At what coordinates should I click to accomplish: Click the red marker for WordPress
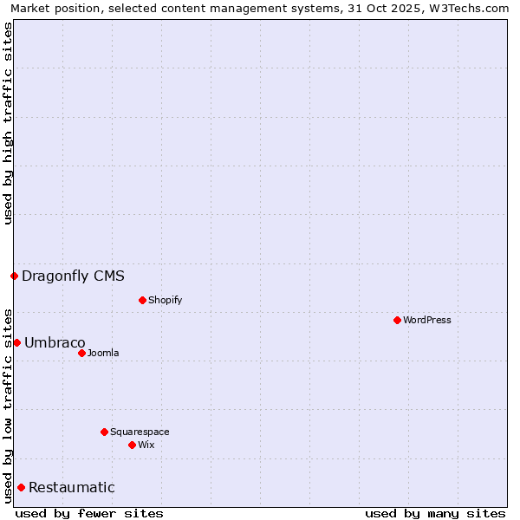click(397, 320)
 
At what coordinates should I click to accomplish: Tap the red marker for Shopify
click(142, 300)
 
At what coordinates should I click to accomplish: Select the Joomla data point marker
click(81, 353)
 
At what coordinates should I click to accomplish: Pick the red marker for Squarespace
click(104, 432)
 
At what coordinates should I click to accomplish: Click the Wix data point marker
click(132, 445)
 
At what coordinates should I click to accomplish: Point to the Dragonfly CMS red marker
click(14, 276)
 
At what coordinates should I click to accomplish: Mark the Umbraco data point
click(16, 342)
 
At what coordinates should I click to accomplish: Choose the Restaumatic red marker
click(21, 487)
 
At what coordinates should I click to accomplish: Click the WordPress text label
click(427, 320)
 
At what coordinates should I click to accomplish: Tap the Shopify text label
click(165, 300)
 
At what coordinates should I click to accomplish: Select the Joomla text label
click(103, 353)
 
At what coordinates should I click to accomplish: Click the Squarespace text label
click(140, 432)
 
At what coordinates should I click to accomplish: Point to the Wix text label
click(146, 445)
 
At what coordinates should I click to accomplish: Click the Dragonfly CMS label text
click(73, 276)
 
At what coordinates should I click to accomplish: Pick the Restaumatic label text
click(71, 487)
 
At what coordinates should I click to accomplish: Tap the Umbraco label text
click(55, 342)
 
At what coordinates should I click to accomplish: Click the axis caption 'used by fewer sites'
click(89, 513)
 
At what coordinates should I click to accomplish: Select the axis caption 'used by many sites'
click(435, 513)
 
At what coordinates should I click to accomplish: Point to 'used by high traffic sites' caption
click(9, 123)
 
